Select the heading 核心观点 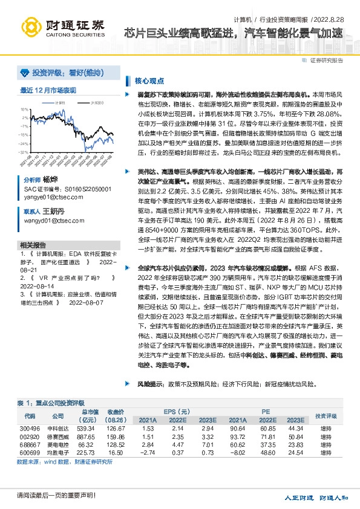tap(150, 80)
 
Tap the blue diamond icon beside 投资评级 tap(24, 73)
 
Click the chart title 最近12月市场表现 tap(48, 91)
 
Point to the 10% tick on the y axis tap(25, 109)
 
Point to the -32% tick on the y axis tap(24, 144)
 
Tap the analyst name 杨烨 tap(50, 180)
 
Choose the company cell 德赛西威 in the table tap(57, 436)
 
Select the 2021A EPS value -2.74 tap(148, 452)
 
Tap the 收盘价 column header tap(116, 412)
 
